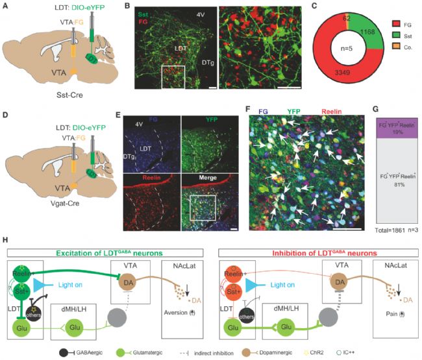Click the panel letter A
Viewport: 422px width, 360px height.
coord(6,8)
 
